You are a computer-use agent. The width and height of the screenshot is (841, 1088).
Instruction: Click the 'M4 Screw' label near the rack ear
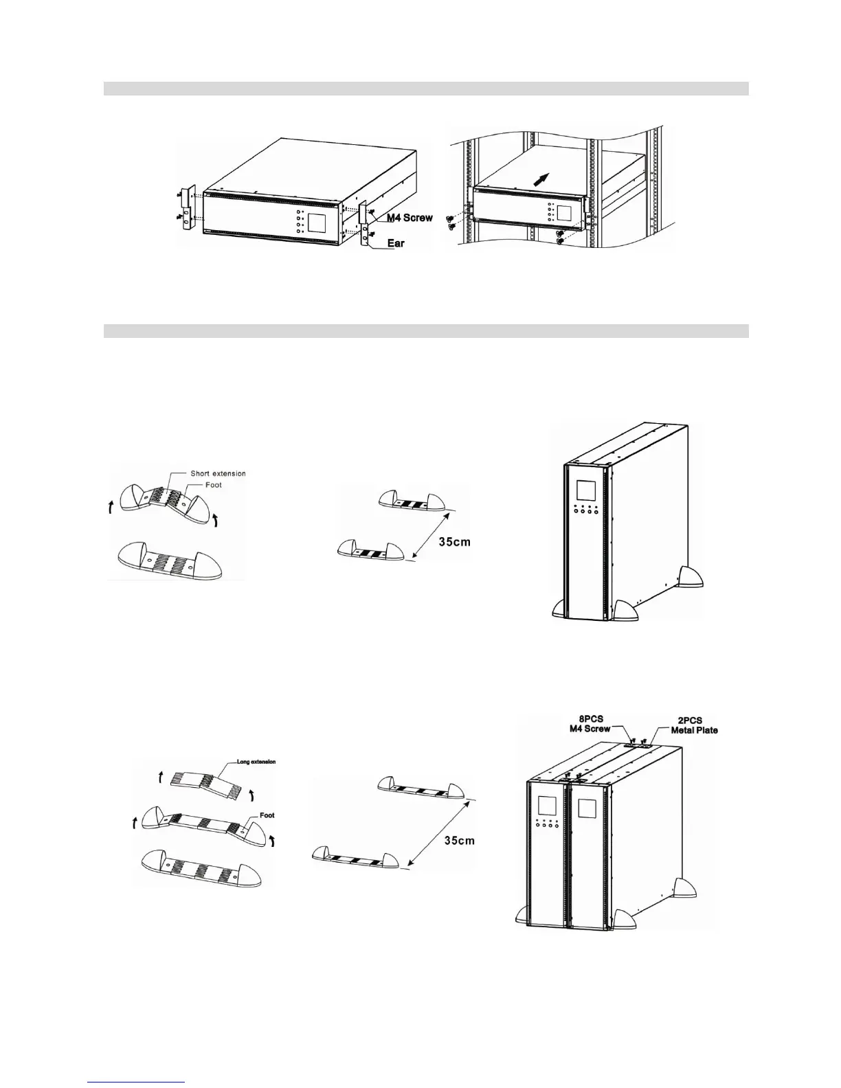pos(408,218)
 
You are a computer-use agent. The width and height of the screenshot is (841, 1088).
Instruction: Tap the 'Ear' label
pos(396,243)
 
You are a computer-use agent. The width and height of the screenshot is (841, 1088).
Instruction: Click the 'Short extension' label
pos(218,473)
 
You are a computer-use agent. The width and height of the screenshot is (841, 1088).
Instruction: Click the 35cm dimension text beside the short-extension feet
pos(455,542)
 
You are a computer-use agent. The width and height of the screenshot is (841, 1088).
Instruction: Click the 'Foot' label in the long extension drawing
pos(267,815)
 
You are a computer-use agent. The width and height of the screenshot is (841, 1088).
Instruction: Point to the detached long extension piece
pos(203,781)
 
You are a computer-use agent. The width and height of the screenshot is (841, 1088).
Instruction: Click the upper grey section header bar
pos(425,89)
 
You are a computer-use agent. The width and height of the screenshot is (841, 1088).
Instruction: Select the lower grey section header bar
pos(425,331)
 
